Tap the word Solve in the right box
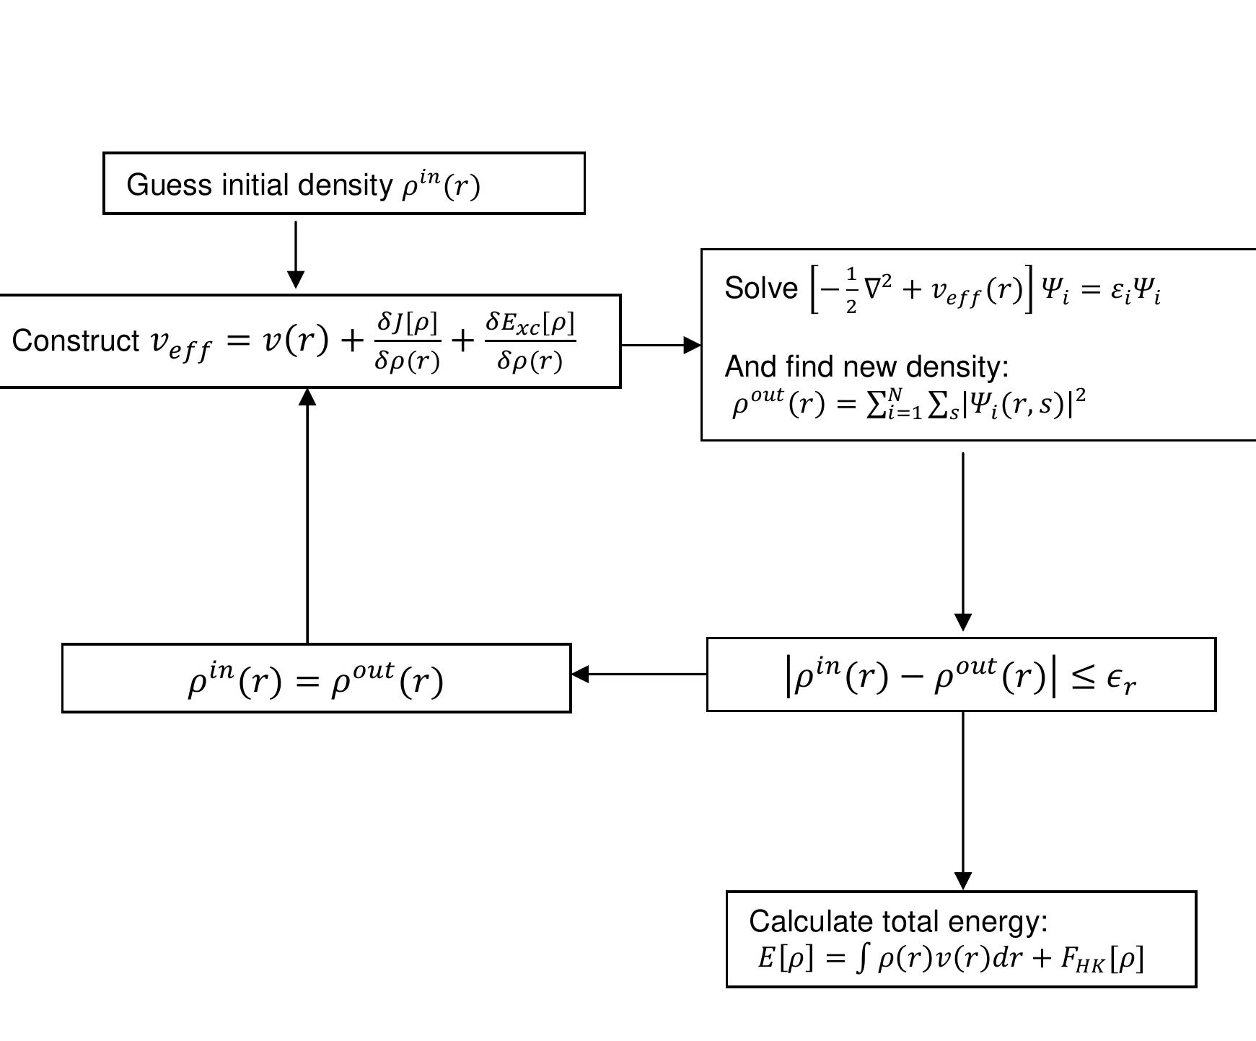760,289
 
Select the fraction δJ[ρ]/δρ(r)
407,341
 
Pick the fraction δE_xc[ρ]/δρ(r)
530,341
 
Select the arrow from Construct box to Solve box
660,345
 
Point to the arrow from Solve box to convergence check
963,541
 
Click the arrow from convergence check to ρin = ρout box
638,674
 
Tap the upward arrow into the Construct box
307,516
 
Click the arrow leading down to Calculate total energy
963,801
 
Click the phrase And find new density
866,366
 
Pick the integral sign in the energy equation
861,958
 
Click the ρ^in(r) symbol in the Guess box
441,185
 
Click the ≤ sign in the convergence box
1084,678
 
